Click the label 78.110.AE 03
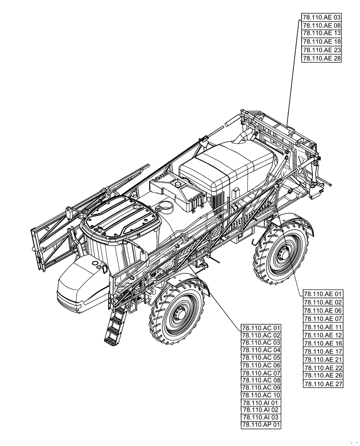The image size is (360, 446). click(321, 17)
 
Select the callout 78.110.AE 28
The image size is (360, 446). click(321, 58)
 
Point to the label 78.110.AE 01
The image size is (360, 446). click(323, 294)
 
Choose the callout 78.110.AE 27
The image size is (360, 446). click(323, 384)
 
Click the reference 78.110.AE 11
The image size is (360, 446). click(323, 327)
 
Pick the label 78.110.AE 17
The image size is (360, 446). click(323, 351)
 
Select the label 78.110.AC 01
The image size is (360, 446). click(261, 328)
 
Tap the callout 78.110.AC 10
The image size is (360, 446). click(261, 395)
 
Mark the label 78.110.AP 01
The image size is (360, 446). click(261, 425)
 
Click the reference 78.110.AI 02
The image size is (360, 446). click(261, 410)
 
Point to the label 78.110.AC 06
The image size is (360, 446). click(261, 365)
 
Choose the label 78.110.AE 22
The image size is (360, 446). click(323, 368)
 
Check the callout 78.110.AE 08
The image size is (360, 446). click(321, 25)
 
